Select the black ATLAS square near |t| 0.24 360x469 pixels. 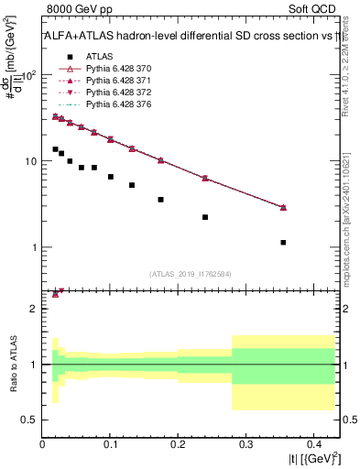[x=205, y=217]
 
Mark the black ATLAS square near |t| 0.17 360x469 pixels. [x=160, y=199]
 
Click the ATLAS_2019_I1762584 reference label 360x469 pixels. [x=190, y=273]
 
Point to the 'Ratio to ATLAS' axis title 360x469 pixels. [x=13, y=365]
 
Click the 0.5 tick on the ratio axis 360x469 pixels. [x=32, y=420]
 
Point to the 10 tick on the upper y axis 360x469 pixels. [x=30, y=161]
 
